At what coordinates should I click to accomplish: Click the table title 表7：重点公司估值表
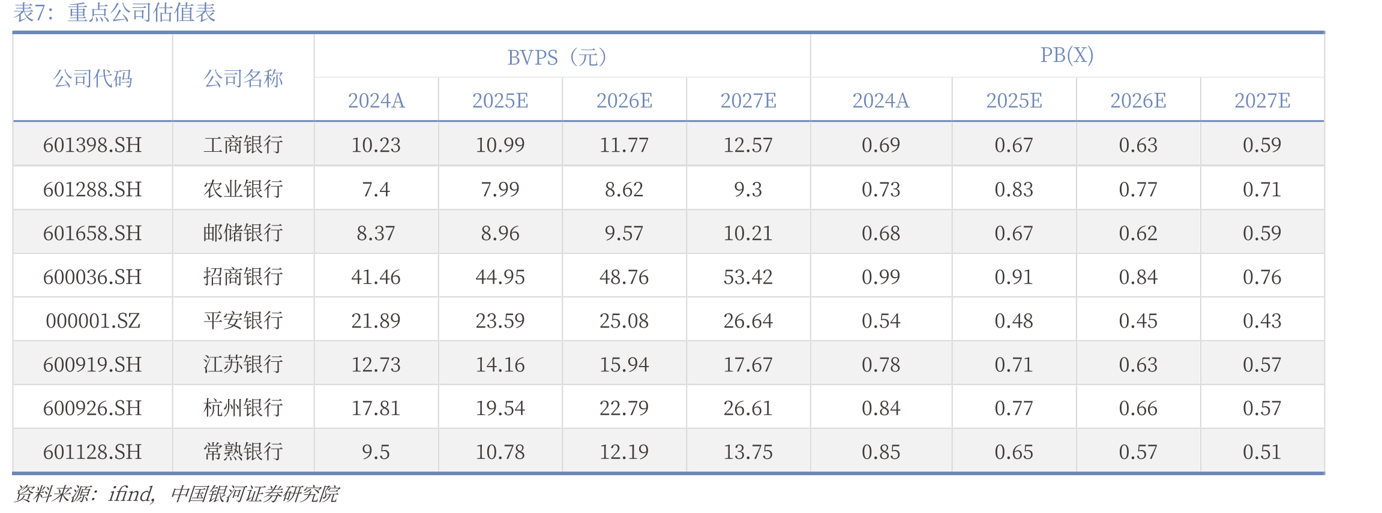[x=115, y=13]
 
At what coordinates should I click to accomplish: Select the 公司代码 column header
[x=93, y=79]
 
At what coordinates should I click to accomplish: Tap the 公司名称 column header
[x=243, y=79]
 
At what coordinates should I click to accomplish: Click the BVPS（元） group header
[x=557, y=57]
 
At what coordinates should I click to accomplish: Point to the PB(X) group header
[x=1067, y=55]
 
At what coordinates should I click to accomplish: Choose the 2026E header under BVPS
[x=624, y=100]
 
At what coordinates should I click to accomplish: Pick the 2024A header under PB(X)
[x=881, y=100]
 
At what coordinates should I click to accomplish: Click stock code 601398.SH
[x=92, y=145]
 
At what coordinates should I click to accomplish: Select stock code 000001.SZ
[x=93, y=320]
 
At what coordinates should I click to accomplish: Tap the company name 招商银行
[x=243, y=277]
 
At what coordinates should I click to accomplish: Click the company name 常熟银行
[x=243, y=452]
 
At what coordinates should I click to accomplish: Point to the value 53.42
[x=748, y=277]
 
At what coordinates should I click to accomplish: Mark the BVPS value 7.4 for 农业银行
[x=376, y=189]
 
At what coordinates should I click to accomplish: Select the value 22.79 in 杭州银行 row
[x=624, y=408]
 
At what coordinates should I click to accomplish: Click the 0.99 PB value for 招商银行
[x=881, y=277]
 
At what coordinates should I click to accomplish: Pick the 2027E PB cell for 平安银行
[x=1262, y=320]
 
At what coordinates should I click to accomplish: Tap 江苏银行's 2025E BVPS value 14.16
[x=500, y=364]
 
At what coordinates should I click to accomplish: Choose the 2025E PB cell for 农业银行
[x=1014, y=189]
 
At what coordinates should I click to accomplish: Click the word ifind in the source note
[x=131, y=494]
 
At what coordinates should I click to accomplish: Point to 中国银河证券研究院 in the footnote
[x=254, y=494]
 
